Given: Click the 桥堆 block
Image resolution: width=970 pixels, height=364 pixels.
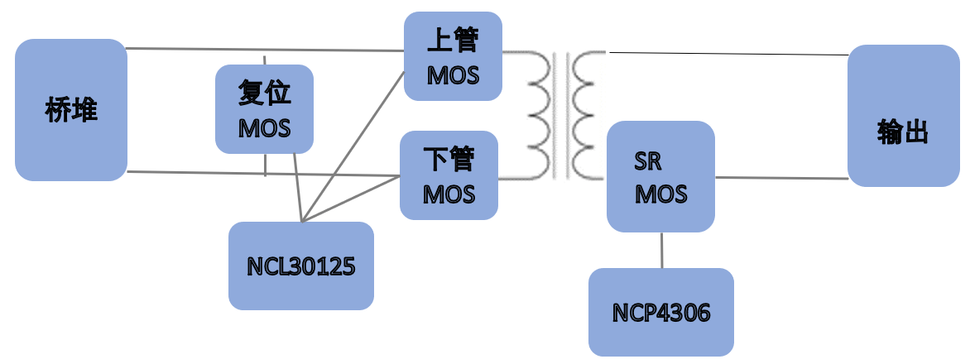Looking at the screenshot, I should click(71, 110).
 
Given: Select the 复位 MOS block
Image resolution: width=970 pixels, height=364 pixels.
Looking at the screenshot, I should click(265, 109).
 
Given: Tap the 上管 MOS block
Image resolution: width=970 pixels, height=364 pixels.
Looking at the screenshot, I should click(453, 56).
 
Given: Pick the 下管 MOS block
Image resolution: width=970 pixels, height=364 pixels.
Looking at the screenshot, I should click(449, 175).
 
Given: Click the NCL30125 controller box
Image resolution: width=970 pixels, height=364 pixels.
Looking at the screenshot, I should click(301, 266).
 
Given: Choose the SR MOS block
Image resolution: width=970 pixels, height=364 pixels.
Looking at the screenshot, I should click(660, 176).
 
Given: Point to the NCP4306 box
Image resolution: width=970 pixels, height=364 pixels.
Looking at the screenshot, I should click(661, 312).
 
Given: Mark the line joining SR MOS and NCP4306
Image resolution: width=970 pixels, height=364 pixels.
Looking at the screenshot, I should click(661, 250).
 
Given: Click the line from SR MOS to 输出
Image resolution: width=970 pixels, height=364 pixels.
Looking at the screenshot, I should click(781, 177).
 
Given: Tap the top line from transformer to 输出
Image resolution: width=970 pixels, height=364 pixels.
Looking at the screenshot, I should click(728, 54).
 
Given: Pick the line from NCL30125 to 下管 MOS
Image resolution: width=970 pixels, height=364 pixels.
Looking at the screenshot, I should click(352, 199).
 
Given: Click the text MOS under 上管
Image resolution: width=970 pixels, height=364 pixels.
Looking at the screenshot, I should click(453, 75).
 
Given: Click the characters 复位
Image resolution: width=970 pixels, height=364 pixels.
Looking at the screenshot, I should click(265, 94).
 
